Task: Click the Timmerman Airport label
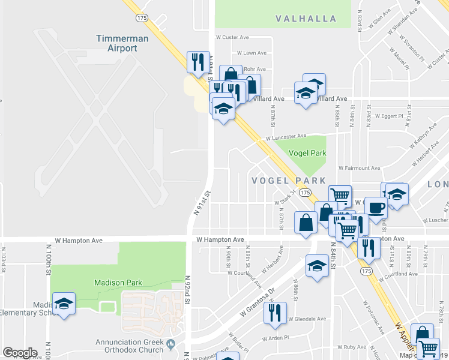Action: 118,43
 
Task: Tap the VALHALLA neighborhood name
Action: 306,19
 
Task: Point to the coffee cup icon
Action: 376,208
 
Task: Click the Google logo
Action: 20,353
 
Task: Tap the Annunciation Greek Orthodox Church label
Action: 130,347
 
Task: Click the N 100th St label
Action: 49,259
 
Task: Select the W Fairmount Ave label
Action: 360,169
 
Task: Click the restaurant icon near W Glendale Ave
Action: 275,312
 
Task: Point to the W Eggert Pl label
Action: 390,115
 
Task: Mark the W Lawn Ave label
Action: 252,53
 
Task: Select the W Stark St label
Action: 286,197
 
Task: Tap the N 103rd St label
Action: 3,258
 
